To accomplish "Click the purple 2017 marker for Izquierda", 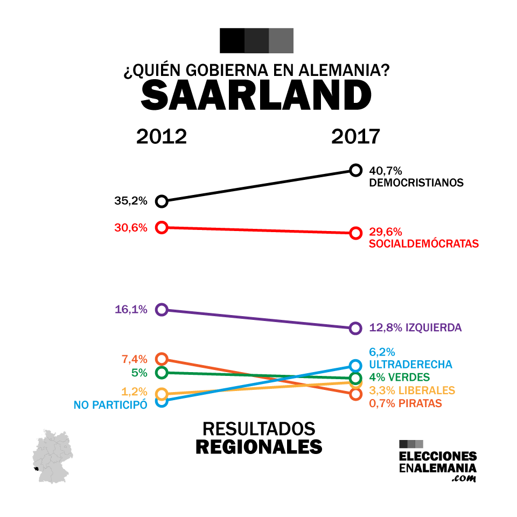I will (x=355, y=328).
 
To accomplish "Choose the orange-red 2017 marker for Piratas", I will (x=355, y=394).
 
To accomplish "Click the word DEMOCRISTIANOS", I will (x=416, y=183).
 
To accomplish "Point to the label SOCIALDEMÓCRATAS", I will (x=424, y=244).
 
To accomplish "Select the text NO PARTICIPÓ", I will (x=110, y=404).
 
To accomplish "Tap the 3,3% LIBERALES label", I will (x=412, y=390).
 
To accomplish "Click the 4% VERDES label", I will (x=399, y=377).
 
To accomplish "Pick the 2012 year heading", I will (x=162, y=137).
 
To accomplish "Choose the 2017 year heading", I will (x=355, y=137).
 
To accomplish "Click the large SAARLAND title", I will (x=256, y=97).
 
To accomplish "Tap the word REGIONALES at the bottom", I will (x=258, y=446).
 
